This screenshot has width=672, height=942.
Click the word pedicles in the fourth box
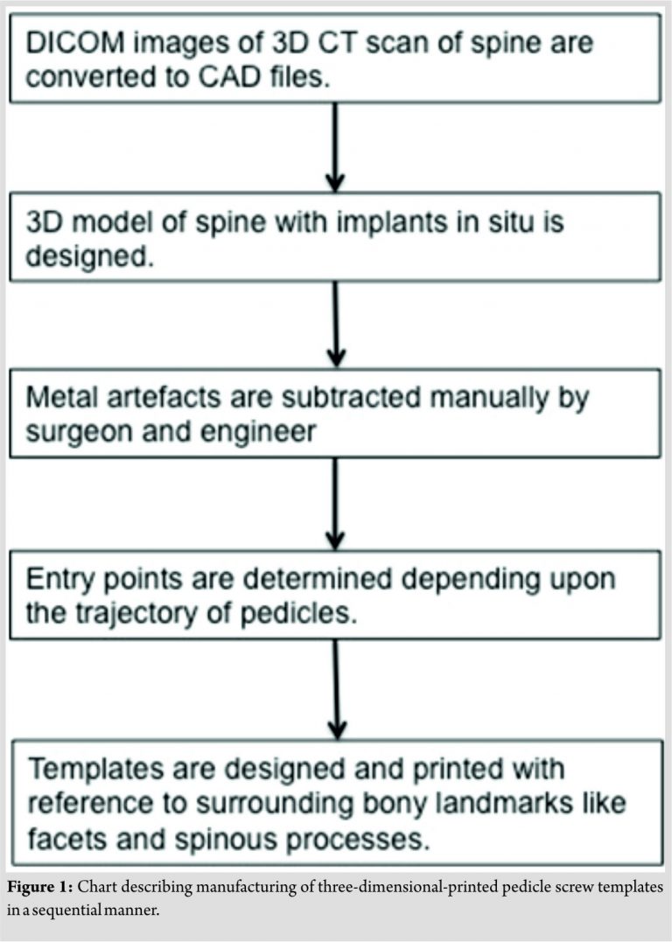click(x=305, y=612)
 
